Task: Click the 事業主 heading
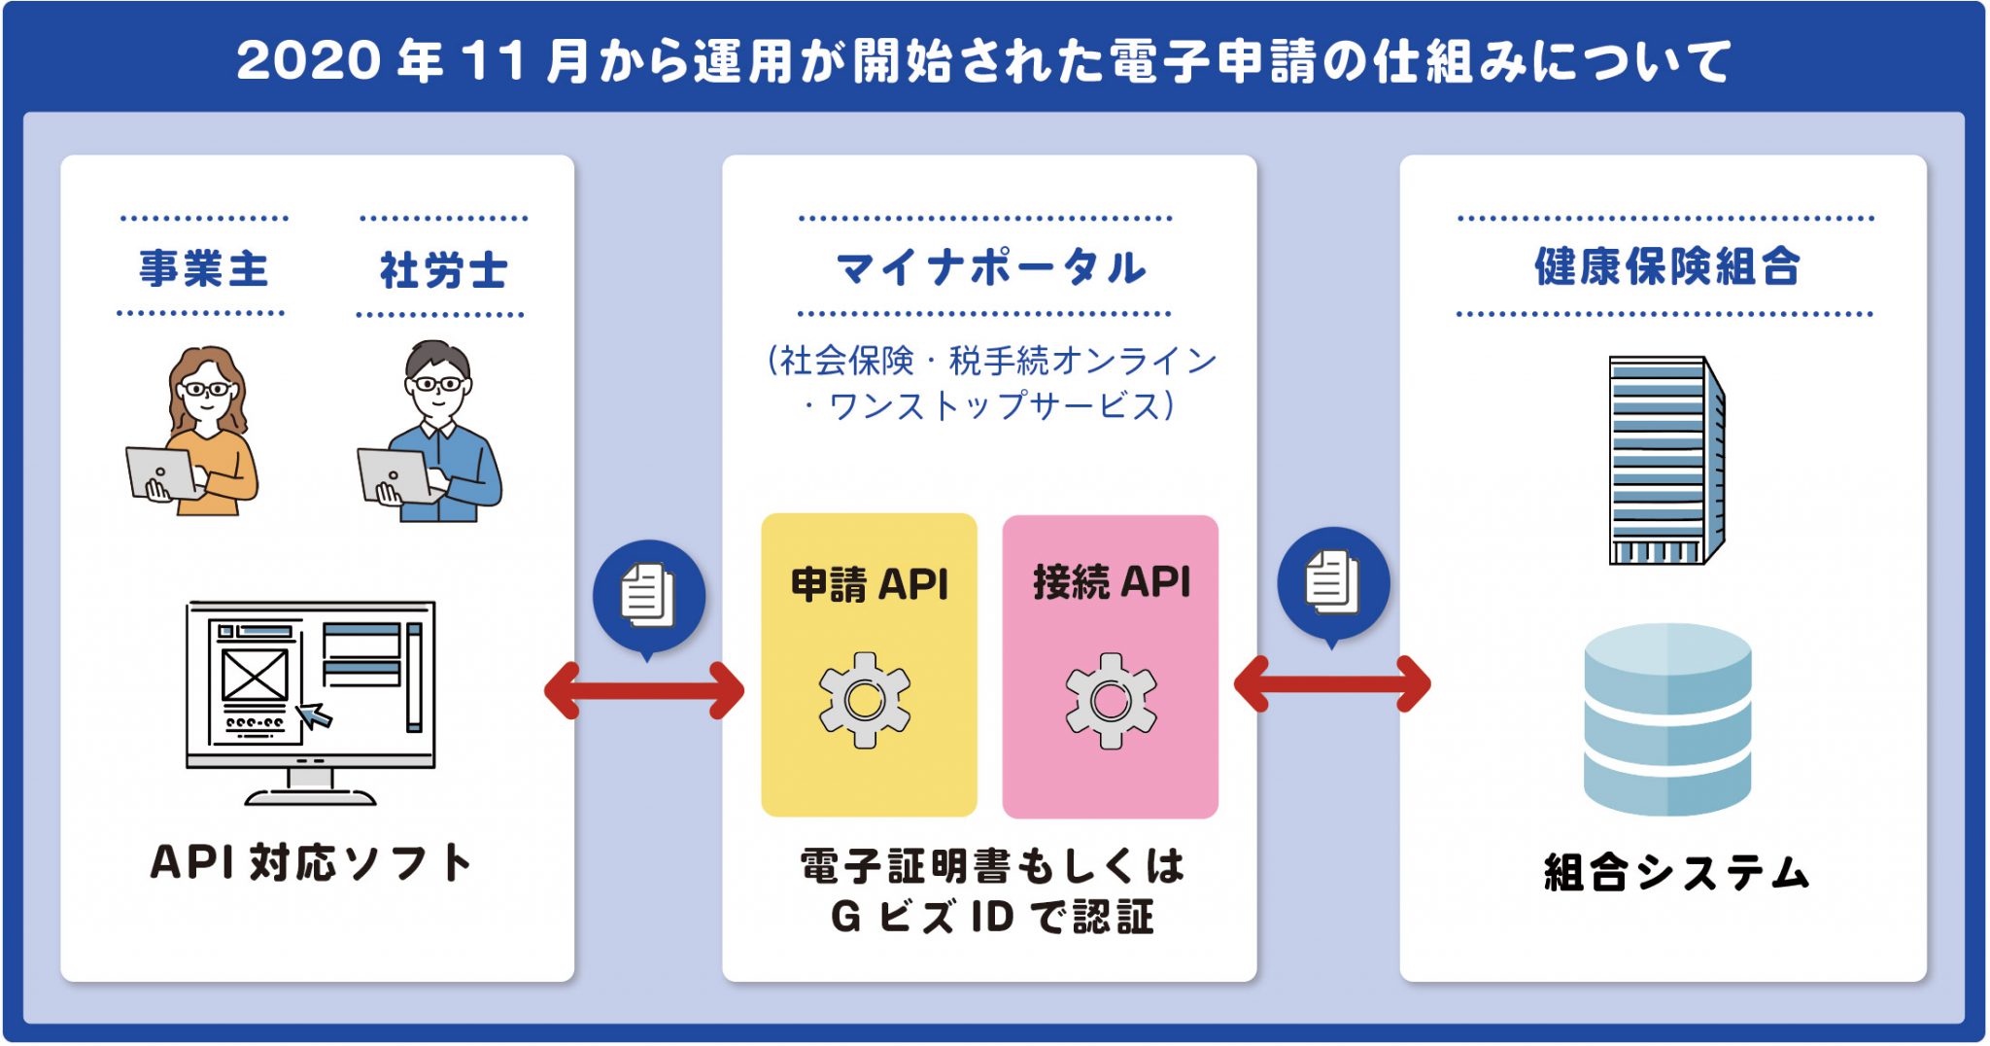(203, 268)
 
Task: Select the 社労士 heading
(443, 269)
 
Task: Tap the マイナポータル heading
(990, 267)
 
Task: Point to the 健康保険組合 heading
(1666, 266)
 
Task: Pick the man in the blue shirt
(431, 432)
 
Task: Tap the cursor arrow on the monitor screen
(313, 715)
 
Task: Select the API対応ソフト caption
(312, 862)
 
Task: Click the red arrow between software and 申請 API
(644, 690)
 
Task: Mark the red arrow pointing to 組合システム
(1332, 684)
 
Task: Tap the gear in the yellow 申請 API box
(865, 700)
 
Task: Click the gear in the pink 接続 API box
(1111, 700)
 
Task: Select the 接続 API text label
(1112, 581)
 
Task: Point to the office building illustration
(1666, 461)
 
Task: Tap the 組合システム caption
(1676, 872)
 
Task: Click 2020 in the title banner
(309, 60)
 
